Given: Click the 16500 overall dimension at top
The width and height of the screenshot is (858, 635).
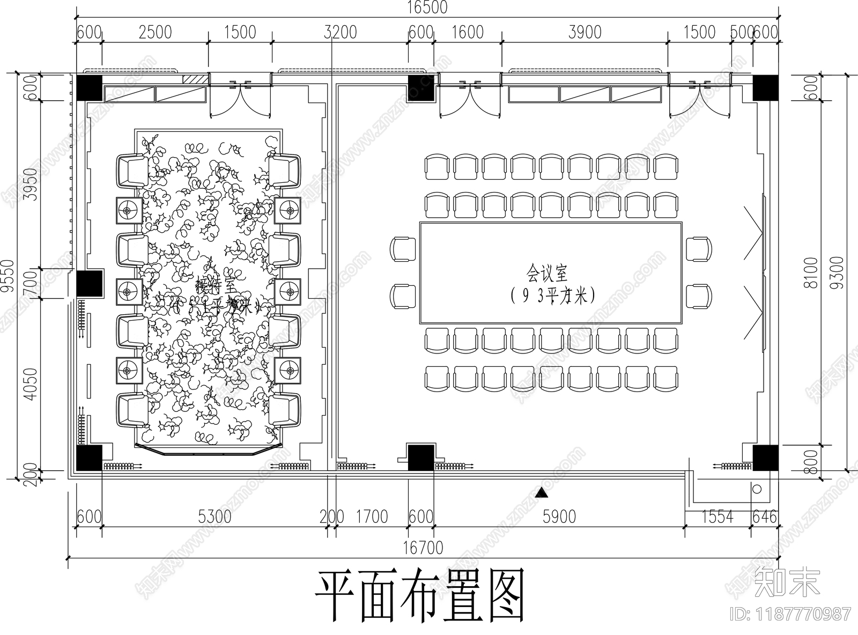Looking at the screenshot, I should coord(427,7).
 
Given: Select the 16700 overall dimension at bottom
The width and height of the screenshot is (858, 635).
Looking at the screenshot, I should coord(424,548).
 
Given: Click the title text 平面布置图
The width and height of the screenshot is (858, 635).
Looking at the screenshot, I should coord(419,596).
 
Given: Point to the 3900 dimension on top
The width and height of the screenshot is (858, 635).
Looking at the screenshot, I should coord(585,32).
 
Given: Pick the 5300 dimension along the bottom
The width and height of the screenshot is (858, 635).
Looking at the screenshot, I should coord(214,516).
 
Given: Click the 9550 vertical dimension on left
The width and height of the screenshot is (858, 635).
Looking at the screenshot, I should coord(8,276).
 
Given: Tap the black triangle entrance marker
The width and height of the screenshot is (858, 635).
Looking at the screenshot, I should coord(542,492).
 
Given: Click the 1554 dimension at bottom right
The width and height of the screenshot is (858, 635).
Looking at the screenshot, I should coord(717,516).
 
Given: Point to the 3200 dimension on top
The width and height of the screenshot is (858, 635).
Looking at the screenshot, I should coord(340,32).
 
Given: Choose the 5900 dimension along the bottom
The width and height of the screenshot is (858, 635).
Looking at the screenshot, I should coord(559,516).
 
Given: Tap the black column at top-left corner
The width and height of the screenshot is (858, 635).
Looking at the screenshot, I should coord(89,87).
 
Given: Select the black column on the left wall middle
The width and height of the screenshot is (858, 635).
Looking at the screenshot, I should coord(89,283).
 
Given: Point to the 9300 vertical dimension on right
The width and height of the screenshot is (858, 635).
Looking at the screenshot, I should coord(837,272).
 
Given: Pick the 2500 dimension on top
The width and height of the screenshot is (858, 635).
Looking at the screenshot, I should coord(155,32).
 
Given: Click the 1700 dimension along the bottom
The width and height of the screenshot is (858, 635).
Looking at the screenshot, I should coord(372,516).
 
